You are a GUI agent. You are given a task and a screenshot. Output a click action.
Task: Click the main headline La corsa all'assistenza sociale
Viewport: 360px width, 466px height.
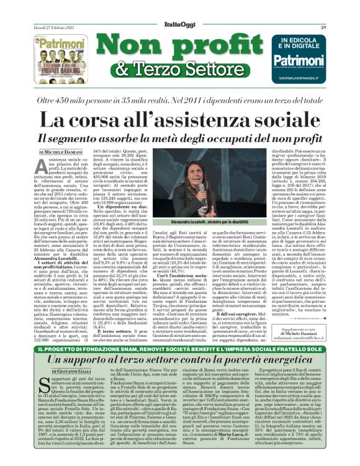click(x=179, y=118)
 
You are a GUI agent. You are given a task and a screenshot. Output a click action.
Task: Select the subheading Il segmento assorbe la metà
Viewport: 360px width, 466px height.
click(x=179, y=138)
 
